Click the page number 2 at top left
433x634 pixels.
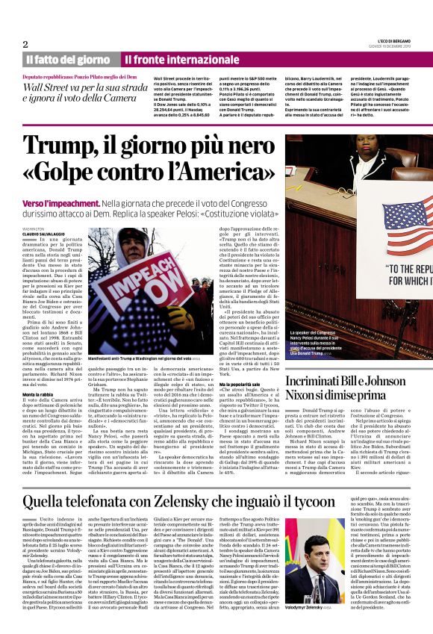tap(25, 43)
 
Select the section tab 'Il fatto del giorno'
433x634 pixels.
tap(67, 60)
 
